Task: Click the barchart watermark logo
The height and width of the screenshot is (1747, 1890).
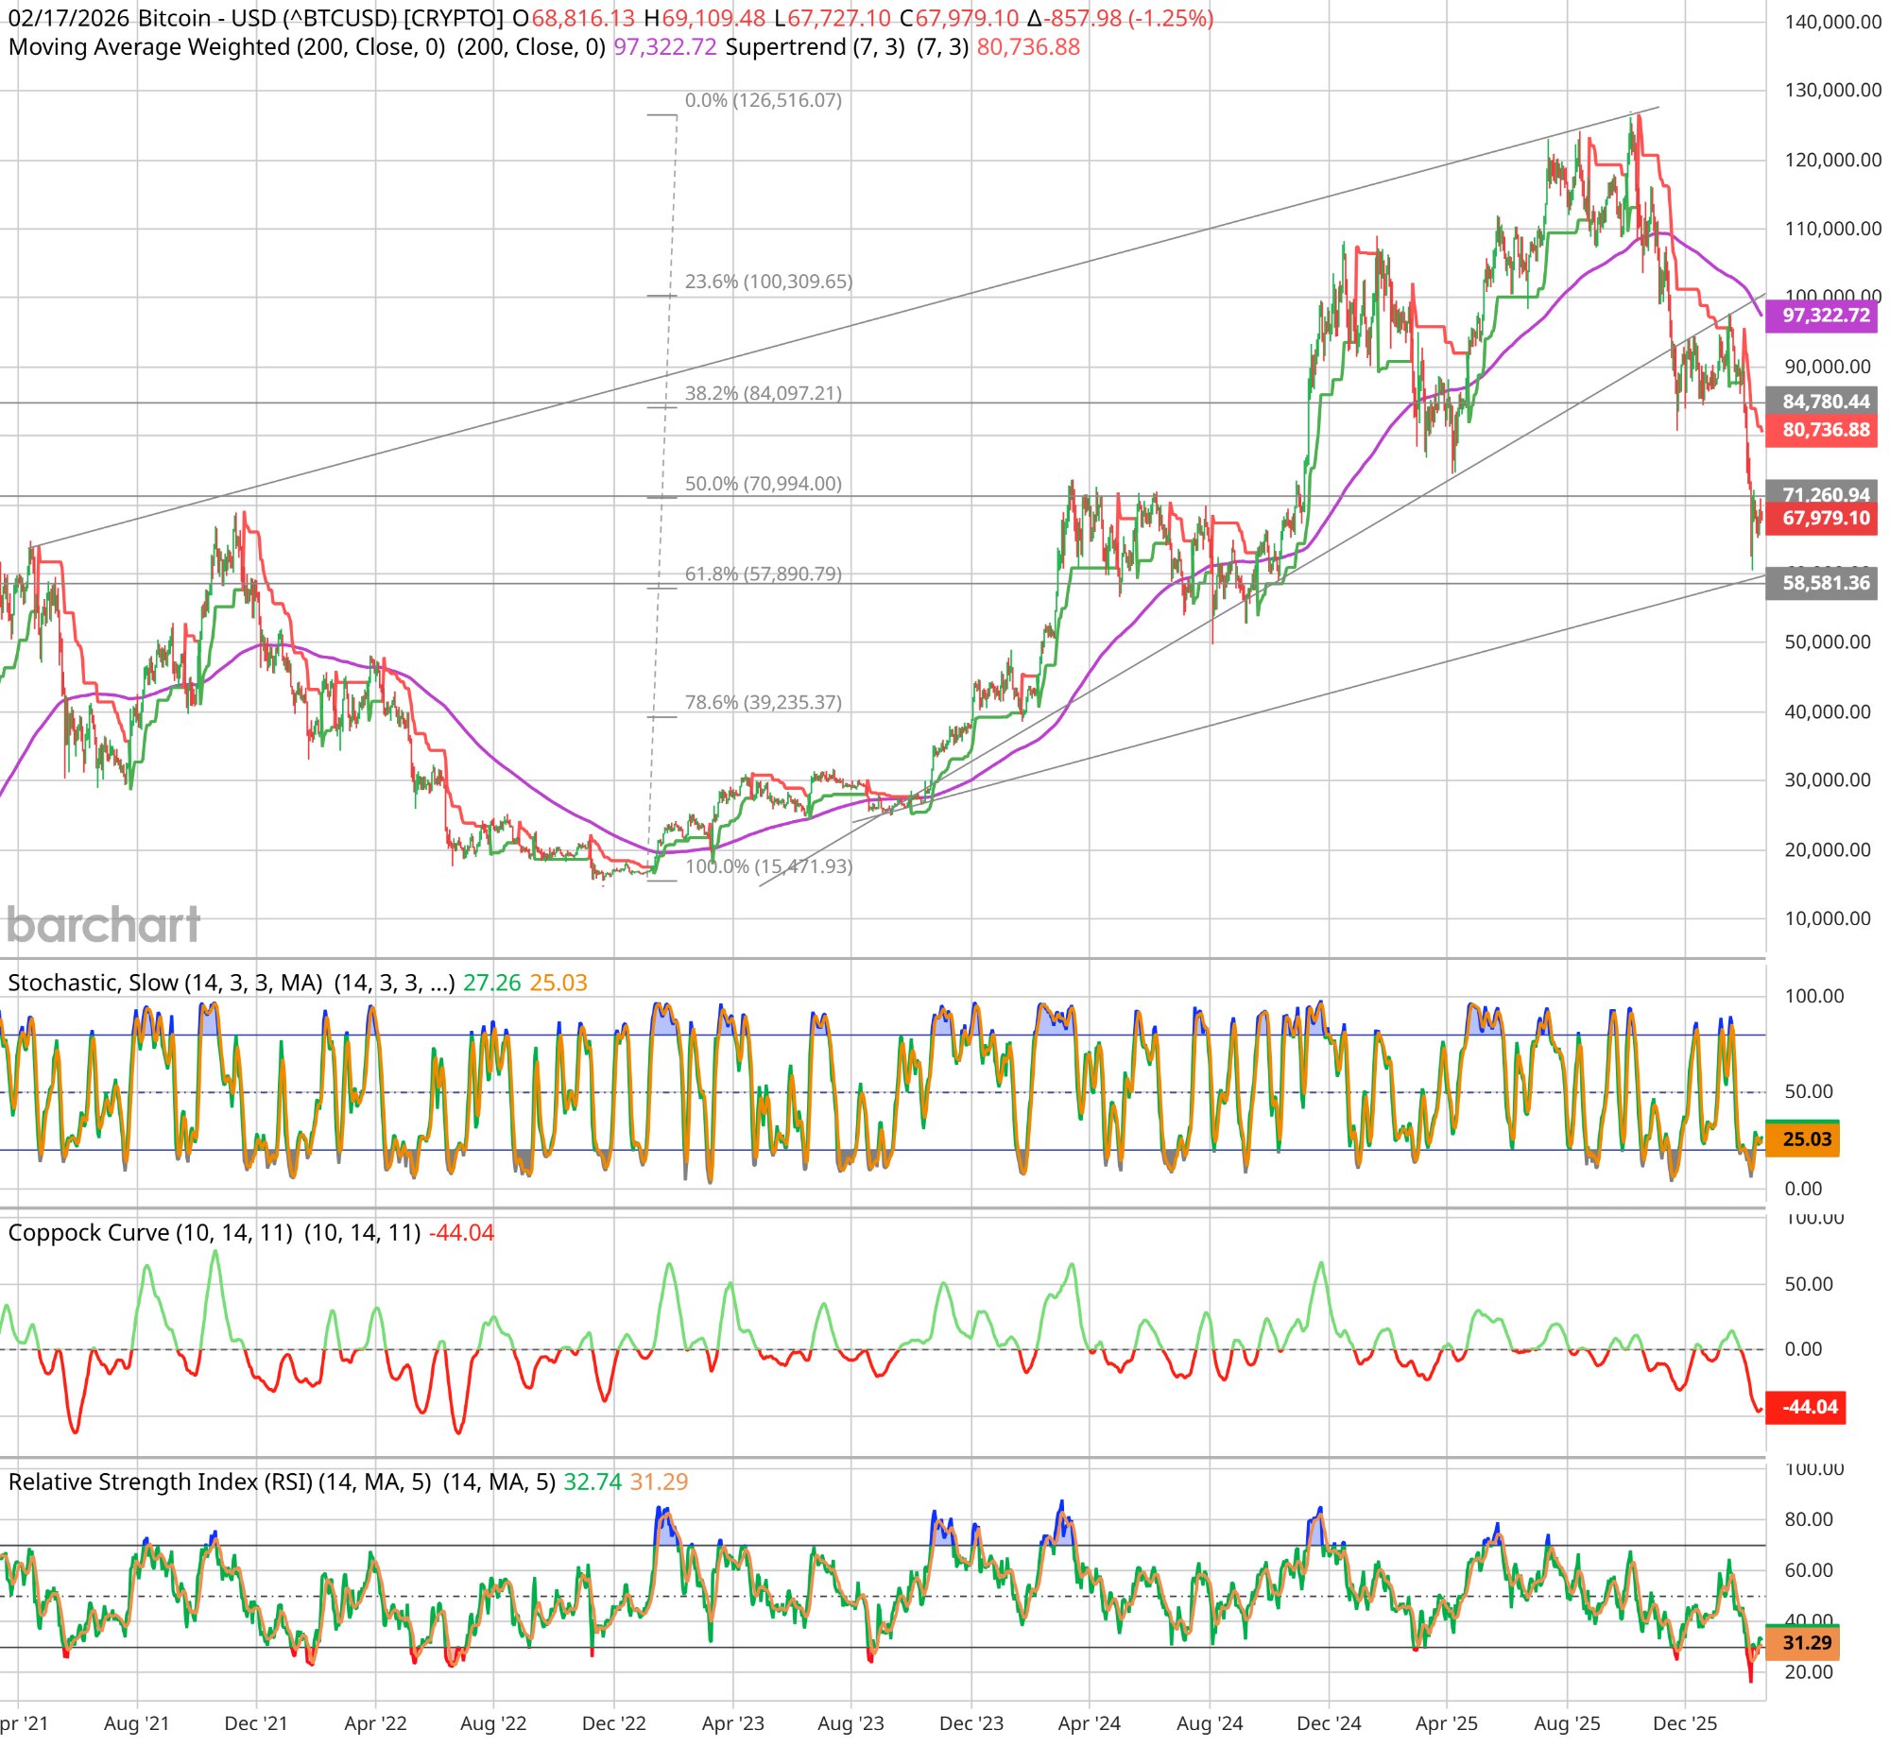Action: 103,926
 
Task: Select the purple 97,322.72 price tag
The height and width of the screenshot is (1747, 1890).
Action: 1825,316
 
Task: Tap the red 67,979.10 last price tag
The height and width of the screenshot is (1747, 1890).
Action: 1825,518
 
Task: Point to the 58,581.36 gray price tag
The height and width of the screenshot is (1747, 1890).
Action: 1825,583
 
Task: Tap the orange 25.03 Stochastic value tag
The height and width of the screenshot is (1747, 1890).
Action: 1806,1139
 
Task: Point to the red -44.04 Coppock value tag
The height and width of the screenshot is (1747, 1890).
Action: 1809,1407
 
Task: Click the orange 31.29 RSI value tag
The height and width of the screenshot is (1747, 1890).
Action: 1806,1643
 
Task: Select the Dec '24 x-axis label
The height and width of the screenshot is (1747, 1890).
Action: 1328,1722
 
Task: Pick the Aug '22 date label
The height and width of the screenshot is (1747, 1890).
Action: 492,1722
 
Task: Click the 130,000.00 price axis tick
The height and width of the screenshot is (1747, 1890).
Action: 1832,91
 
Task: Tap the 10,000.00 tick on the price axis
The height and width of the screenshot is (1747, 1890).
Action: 1827,919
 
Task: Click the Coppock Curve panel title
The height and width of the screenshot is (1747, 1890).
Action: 150,1233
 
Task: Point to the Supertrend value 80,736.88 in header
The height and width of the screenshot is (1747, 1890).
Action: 1028,47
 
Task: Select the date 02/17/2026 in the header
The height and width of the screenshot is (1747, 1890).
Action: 68,19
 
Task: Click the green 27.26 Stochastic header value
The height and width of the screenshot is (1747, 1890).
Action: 491,984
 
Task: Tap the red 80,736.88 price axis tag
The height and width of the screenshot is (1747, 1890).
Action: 1825,430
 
